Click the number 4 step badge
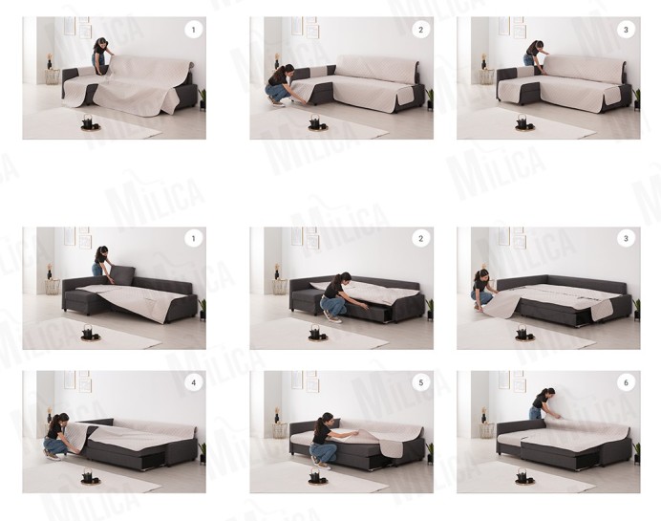194,383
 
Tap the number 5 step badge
420,383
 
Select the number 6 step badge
626,383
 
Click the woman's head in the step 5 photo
327,419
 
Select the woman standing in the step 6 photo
543,403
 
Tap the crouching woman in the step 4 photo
56,436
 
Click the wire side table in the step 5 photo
280,430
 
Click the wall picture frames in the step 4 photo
77,381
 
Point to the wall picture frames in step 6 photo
511,381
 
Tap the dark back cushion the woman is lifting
122,274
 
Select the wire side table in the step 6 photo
486,430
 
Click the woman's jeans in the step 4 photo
53,445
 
